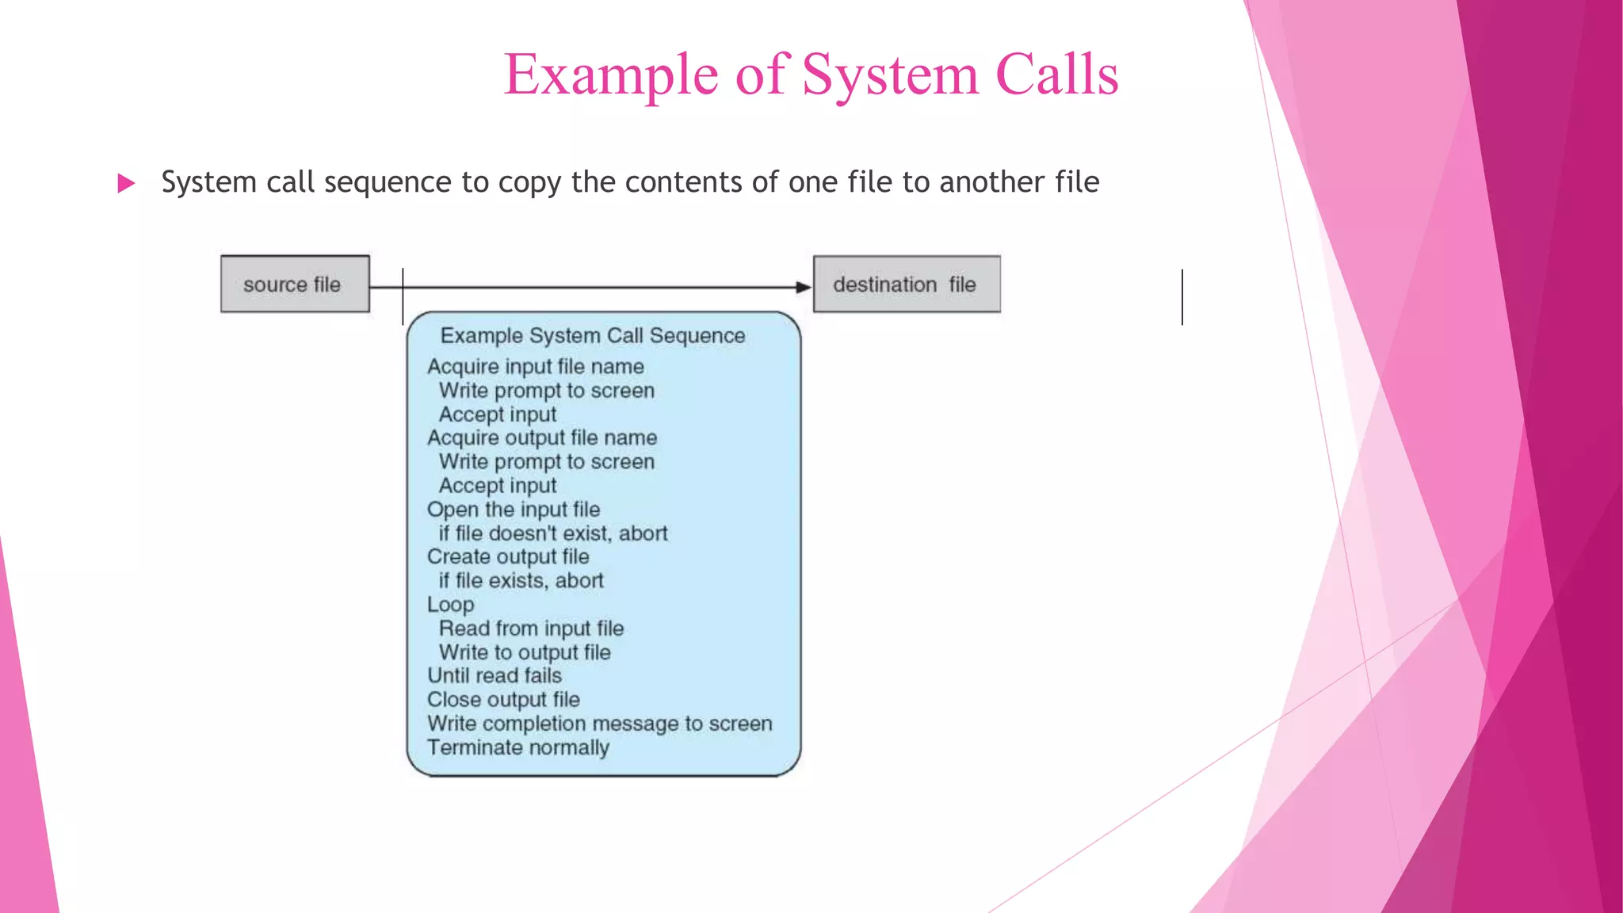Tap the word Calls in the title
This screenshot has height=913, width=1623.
tap(1056, 75)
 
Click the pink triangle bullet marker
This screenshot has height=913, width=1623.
tap(126, 184)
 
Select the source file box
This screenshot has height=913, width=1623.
tap(295, 284)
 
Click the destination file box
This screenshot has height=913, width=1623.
tap(907, 284)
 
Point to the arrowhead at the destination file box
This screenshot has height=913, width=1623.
tap(803, 287)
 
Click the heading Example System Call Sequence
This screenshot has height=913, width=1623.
tap(593, 336)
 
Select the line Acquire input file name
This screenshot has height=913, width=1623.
tap(536, 367)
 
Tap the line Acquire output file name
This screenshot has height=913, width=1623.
tap(542, 438)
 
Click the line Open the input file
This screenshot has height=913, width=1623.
tap(514, 510)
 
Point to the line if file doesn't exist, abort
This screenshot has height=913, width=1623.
tap(553, 533)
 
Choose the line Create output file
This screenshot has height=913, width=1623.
tap(508, 557)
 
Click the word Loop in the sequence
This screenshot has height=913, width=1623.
tap(451, 605)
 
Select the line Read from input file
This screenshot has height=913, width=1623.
tap(531, 628)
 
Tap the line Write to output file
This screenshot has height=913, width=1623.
tap(525, 652)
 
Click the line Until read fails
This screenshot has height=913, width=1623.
tap(495, 676)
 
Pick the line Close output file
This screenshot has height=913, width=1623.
tap(503, 700)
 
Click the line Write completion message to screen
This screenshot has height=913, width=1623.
tap(599, 724)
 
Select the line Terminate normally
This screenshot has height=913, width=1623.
tap(518, 747)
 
